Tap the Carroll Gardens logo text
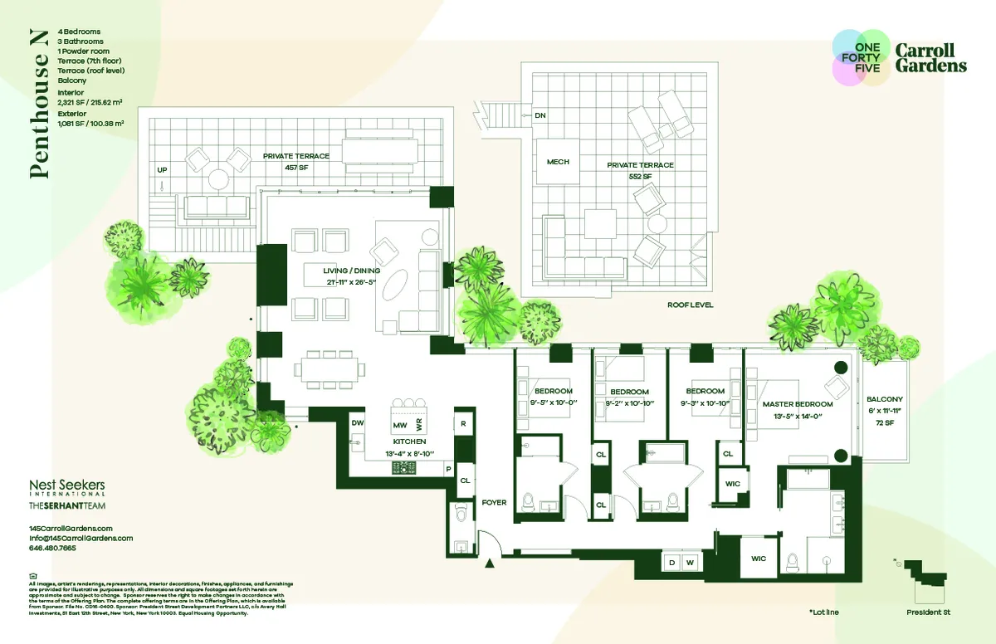(x=930, y=57)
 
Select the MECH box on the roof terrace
(x=558, y=162)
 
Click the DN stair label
(x=540, y=115)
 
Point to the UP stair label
(x=162, y=170)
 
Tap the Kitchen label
(x=410, y=442)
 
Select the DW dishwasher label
(x=358, y=422)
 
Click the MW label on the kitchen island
(x=400, y=426)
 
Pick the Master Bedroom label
(x=797, y=404)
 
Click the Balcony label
(x=884, y=399)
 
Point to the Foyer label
(x=494, y=503)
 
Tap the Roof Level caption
(x=690, y=305)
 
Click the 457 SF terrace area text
(x=296, y=167)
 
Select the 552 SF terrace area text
(x=640, y=177)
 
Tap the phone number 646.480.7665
(x=52, y=549)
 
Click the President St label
(x=929, y=612)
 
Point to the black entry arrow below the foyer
(x=490, y=563)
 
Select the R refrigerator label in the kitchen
(x=464, y=422)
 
